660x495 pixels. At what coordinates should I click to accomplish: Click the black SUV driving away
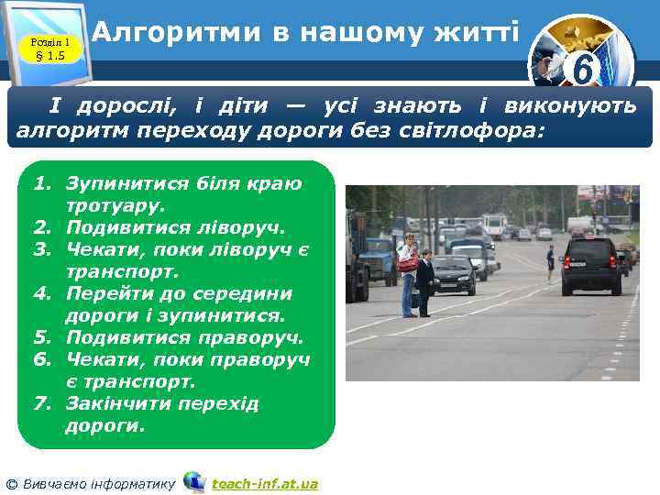point(590,266)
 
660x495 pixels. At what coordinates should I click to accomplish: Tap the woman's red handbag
point(408,264)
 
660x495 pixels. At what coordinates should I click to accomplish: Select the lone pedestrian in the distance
point(550,263)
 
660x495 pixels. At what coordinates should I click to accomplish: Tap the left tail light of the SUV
point(567,262)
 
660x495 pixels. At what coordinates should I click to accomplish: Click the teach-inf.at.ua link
point(264,483)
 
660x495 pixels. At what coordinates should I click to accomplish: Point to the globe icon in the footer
point(193,482)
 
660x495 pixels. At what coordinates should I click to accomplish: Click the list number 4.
point(39,294)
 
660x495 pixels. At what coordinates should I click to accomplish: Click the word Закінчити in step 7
point(115,404)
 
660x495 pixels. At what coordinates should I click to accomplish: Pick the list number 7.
point(39,404)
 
